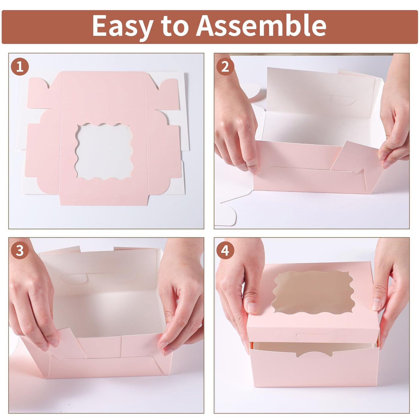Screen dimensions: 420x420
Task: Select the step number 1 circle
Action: tap(20, 67)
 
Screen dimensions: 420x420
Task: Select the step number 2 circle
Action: tap(225, 67)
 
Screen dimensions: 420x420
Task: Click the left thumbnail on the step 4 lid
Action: tap(252, 307)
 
